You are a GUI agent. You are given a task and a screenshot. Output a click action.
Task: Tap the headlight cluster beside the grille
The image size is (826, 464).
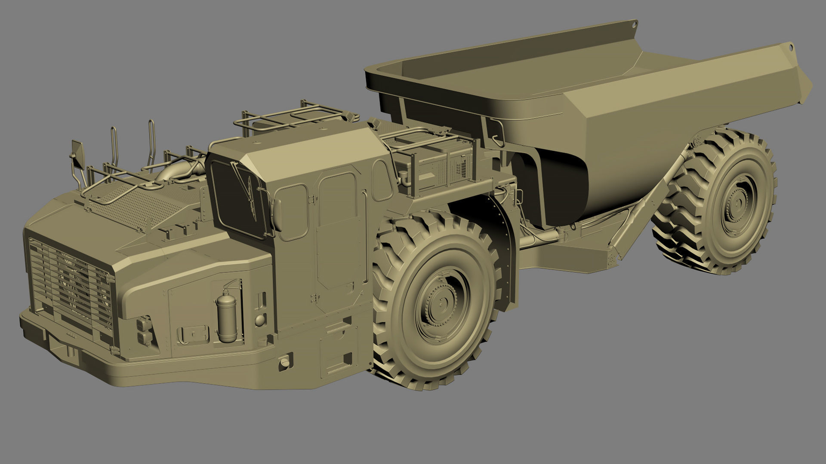(144, 331)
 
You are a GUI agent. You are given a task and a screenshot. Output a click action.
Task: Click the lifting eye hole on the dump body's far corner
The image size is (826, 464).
(790, 48)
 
